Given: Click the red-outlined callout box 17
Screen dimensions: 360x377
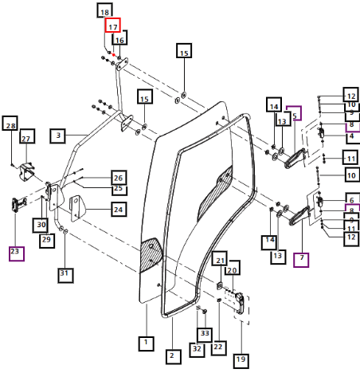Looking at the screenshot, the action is [x=113, y=26].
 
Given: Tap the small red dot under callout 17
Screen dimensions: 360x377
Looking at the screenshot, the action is [x=114, y=55].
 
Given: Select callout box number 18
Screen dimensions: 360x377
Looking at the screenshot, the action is [x=104, y=11].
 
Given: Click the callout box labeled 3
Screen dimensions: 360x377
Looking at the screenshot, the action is [x=58, y=135].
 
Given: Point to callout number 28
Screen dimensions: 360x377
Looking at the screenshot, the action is [x=10, y=124].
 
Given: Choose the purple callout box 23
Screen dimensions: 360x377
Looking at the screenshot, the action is [x=17, y=253].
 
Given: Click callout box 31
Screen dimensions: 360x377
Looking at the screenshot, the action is [x=65, y=276].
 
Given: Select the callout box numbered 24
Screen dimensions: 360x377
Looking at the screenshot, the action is [x=119, y=210].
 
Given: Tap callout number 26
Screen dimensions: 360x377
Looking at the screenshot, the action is [x=119, y=178].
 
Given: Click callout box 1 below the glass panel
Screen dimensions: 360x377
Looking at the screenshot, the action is [x=147, y=344].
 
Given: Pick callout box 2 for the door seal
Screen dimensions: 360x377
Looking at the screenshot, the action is [x=174, y=357].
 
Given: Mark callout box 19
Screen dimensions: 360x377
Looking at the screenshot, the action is [x=241, y=361].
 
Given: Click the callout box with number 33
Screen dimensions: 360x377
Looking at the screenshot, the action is [x=205, y=335].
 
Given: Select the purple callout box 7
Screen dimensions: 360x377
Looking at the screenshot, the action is [x=301, y=260].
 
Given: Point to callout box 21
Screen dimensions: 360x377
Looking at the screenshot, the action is [x=220, y=258].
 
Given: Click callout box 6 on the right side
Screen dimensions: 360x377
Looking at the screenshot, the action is [x=353, y=199].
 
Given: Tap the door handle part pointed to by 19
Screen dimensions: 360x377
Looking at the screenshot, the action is [x=240, y=303].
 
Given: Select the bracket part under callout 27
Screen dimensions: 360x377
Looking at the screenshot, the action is [x=27, y=171].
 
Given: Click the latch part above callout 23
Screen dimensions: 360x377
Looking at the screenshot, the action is [x=18, y=205].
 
